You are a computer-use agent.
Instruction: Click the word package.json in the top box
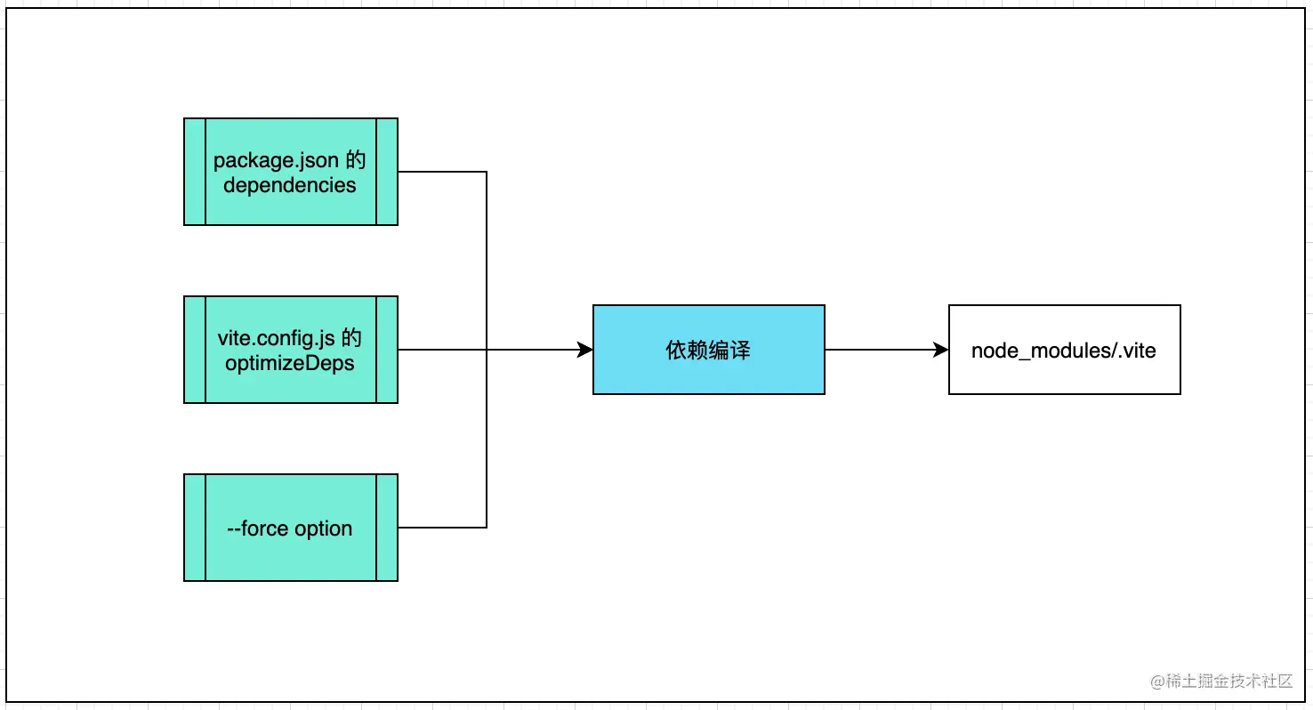(276, 161)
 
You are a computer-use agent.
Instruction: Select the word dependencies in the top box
(290, 185)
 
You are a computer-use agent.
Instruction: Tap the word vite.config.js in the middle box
(276, 338)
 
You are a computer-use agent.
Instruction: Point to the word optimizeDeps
(290, 364)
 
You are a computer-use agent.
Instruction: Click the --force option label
(290, 528)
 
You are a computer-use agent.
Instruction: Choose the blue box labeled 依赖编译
(709, 350)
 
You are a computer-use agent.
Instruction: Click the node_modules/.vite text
(1063, 351)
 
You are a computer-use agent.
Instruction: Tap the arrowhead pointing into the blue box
(584, 350)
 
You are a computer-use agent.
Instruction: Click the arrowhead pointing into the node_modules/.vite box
(940, 350)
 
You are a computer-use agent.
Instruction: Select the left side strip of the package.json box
(195, 172)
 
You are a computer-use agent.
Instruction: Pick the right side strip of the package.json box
(387, 172)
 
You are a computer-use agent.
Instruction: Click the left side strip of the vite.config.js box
(195, 350)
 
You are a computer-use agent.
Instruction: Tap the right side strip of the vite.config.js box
(387, 350)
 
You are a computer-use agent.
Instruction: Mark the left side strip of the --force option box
(195, 528)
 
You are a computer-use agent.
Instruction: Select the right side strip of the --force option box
(387, 528)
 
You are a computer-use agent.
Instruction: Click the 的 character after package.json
(356, 159)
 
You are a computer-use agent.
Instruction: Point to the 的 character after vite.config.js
(351, 338)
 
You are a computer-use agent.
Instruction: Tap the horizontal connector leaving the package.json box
(442, 172)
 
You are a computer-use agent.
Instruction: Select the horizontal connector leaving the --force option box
(442, 528)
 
